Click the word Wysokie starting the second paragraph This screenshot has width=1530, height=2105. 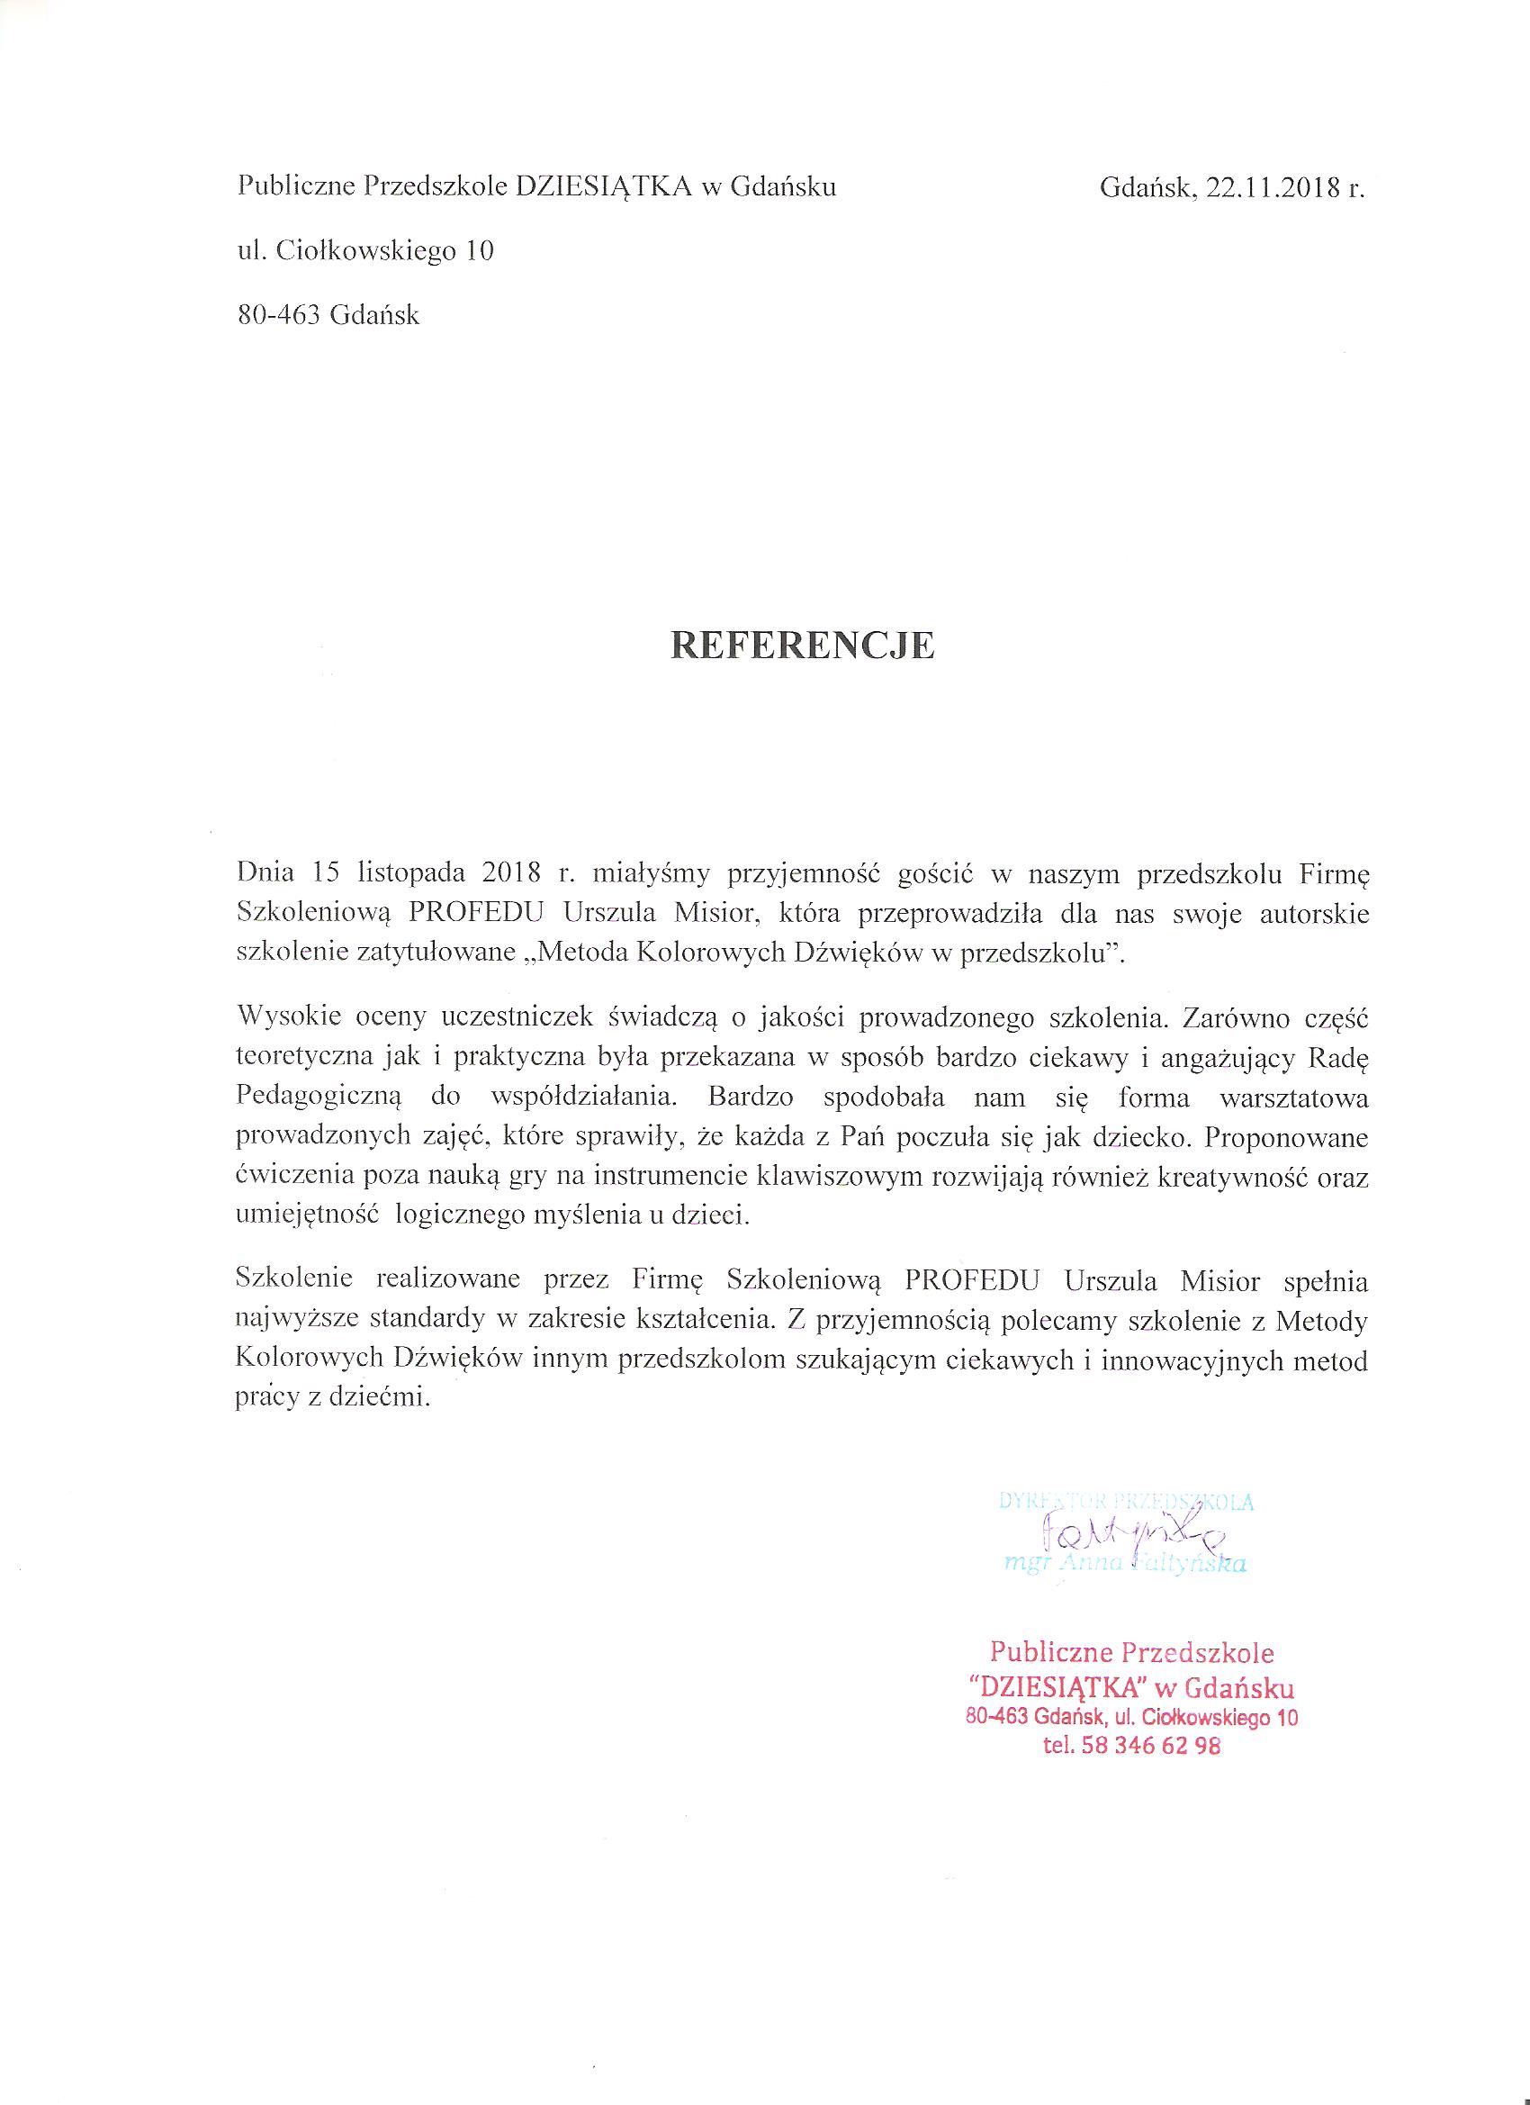(x=280, y=1016)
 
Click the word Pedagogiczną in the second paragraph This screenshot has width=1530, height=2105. (x=319, y=1097)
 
